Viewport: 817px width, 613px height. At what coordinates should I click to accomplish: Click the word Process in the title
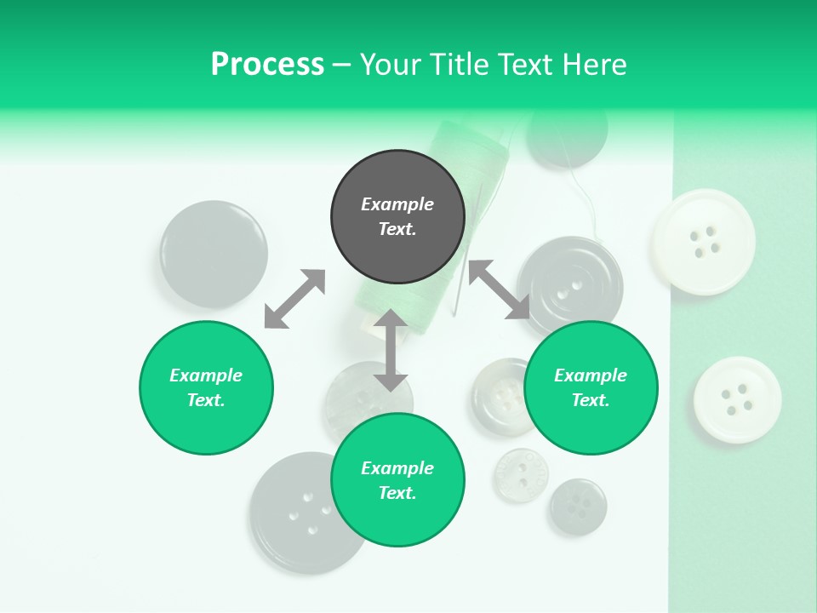tap(267, 65)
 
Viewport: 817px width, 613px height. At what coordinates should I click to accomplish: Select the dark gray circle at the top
tap(397, 217)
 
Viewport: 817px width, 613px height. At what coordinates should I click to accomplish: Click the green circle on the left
tap(206, 387)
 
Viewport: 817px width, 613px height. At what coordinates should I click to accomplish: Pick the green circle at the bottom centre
tap(397, 480)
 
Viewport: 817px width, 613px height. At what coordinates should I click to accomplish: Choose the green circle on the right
tap(591, 387)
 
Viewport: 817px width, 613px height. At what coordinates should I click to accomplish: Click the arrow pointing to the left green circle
tap(294, 299)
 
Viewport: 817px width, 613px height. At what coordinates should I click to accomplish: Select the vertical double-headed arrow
tap(391, 350)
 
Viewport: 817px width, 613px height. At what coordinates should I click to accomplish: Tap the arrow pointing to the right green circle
tap(500, 289)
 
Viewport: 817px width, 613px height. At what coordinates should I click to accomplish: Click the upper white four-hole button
tap(704, 242)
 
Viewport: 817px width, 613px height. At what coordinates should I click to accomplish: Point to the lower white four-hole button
tap(737, 399)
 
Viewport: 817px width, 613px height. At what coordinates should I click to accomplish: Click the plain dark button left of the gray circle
tap(214, 254)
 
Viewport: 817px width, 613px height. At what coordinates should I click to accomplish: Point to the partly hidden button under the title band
tap(568, 136)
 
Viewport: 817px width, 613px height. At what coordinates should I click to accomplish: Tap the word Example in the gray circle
tap(397, 204)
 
